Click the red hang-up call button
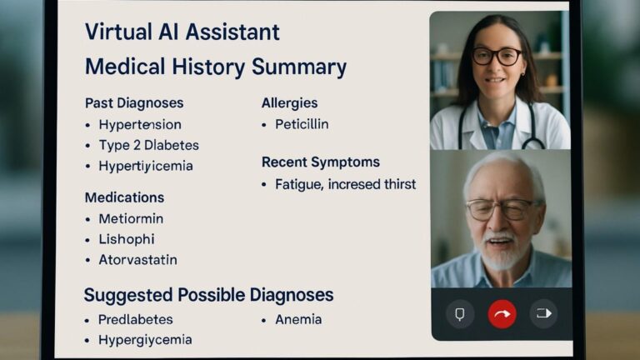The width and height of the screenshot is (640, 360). [x=502, y=314]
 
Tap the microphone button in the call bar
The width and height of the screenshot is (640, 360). [x=460, y=314]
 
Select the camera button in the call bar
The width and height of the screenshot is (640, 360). [x=543, y=314]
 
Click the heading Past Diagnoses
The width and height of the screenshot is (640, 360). [x=134, y=103]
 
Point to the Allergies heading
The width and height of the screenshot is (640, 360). [x=289, y=103]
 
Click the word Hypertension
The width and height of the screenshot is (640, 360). [x=140, y=125]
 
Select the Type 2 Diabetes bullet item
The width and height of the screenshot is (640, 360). [x=148, y=145]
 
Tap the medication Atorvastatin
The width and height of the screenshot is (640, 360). [x=137, y=259]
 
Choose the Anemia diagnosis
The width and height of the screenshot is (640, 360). [x=298, y=319]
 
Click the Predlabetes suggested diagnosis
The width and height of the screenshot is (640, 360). [x=136, y=319]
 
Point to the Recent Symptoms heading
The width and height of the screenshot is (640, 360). [x=321, y=162]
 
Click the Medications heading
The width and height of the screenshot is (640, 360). [x=124, y=197]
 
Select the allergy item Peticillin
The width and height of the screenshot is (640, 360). [x=302, y=124]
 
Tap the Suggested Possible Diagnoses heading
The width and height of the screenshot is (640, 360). [x=208, y=295]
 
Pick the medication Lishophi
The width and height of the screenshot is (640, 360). [x=127, y=239]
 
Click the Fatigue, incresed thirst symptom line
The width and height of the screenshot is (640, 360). [x=345, y=183]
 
